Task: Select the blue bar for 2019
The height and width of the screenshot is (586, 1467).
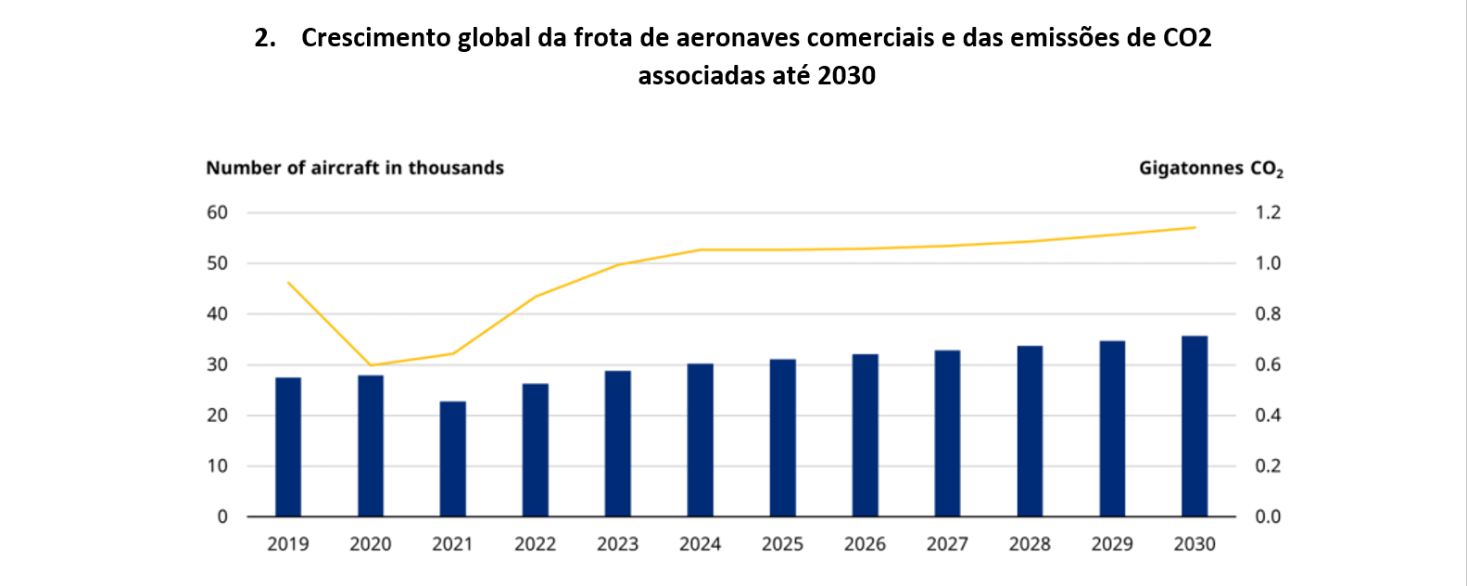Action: tap(288, 447)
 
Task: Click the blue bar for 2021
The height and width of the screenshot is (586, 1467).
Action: tap(453, 459)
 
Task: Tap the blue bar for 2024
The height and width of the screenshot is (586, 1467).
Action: tap(701, 440)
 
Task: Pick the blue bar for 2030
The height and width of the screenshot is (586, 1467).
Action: tap(1195, 427)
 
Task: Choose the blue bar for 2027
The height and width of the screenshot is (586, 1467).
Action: tap(947, 433)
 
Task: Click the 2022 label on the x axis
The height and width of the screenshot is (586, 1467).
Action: tap(536, 544)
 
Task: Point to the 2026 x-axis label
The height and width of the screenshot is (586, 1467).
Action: tap(865, 544)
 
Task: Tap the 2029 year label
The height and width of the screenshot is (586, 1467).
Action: tap(1112, 544)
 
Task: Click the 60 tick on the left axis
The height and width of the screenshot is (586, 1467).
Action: tap(217, 212)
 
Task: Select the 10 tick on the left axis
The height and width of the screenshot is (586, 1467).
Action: tap(217, 466)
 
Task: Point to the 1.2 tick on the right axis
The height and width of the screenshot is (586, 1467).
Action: tap(1268, 212)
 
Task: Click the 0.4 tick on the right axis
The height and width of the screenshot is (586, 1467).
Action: tap(1268, 415)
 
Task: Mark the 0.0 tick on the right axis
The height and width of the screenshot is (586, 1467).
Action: tap(1268, 516)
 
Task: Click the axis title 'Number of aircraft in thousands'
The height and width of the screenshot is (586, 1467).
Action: tap(355, 168)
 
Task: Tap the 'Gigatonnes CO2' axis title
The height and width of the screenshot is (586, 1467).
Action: tap(1210, 169)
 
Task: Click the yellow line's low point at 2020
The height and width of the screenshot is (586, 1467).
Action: tap(371, 365)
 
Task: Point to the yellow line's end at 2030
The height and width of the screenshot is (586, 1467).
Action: tap(1195, 227)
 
